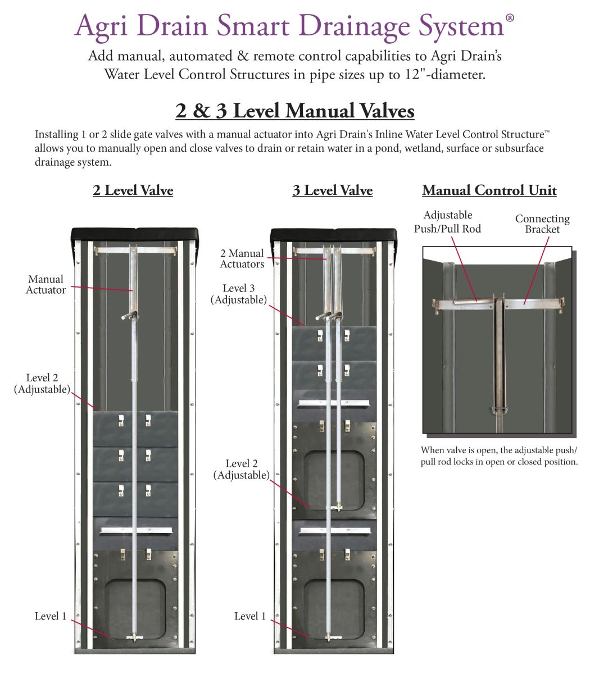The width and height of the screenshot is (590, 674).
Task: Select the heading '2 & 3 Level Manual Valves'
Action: point(294,111)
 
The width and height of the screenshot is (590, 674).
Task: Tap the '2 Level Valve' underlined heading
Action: point(133,190)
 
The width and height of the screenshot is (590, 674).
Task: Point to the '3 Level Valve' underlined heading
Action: point(332,190)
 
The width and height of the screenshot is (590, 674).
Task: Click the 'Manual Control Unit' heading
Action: point(489,190)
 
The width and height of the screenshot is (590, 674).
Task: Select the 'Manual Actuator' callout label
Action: point(46,285)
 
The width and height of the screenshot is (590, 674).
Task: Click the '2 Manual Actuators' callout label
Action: point(242,259)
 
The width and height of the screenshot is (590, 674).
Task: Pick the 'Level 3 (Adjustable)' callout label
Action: point(238,294)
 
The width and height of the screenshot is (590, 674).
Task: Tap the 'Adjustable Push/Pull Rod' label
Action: point(447,221)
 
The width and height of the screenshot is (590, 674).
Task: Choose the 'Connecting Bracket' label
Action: point(542,224)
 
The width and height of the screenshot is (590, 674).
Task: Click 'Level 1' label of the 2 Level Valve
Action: point(51,616)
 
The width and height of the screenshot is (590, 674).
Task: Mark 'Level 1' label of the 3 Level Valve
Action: point(250,616)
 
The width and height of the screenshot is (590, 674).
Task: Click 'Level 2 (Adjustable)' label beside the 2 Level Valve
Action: point(42,384)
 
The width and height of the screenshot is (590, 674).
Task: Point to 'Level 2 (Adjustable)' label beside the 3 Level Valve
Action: point(241,470)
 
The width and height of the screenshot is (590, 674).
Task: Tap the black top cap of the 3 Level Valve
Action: point(334,234)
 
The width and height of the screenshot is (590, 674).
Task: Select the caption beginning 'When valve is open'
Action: point(499,456)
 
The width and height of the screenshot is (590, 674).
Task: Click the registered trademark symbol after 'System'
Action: point(510,17)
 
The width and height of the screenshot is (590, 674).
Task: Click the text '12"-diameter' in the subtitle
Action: point(444,74)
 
